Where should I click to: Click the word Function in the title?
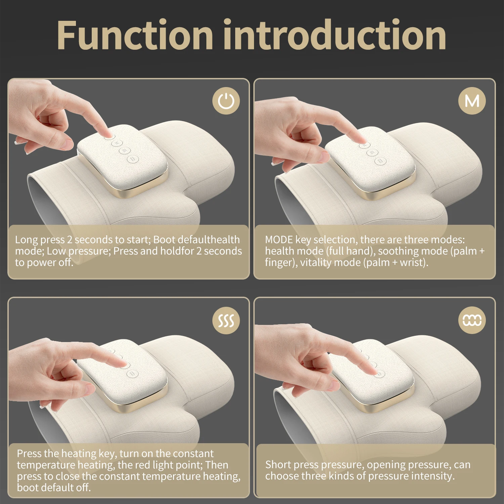(x=134, y=35)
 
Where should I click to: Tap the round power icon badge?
(x=226, y=101)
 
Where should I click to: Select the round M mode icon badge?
(x=472, y=101)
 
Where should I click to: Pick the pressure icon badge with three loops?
(x=472, y=320)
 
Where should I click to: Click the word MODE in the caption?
(x=279, y=240)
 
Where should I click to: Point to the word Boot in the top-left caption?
(x=164, y=240)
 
